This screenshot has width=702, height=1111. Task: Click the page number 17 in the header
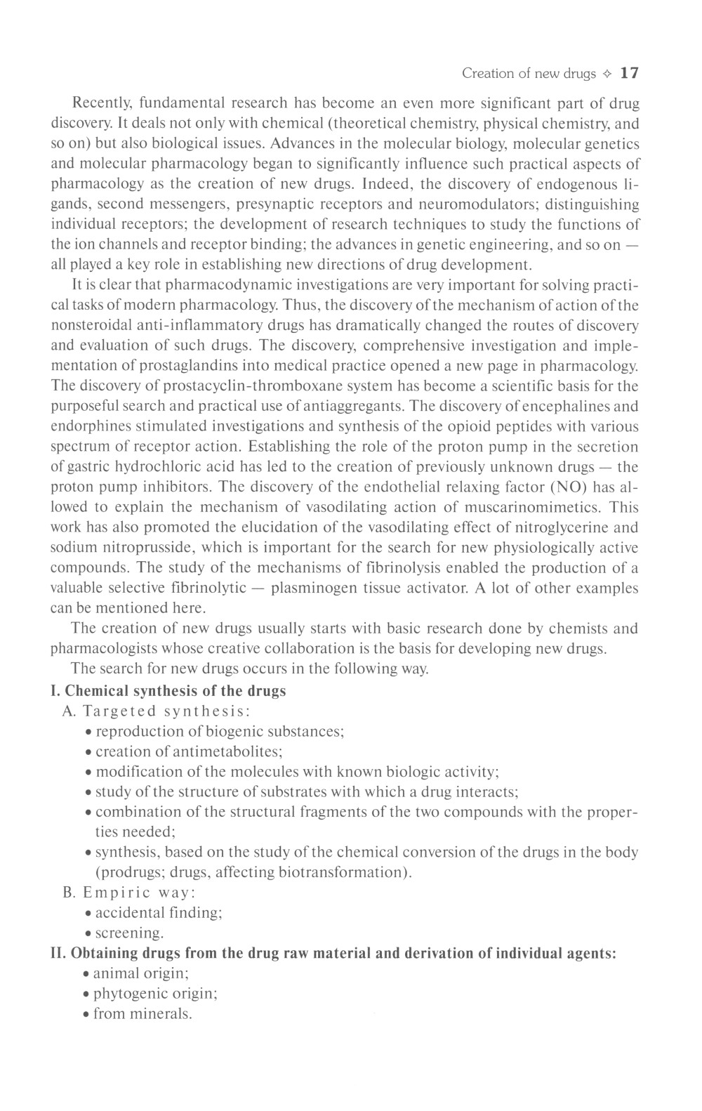[630, 73]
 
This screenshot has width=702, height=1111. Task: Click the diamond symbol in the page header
[608, 74]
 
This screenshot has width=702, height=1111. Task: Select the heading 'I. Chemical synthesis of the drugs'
[168, 690]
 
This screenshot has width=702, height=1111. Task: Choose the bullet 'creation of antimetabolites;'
[189, 751]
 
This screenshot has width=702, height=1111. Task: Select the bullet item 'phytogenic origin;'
[155, 994]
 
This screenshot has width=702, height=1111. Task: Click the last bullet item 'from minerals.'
[143, 1014]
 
